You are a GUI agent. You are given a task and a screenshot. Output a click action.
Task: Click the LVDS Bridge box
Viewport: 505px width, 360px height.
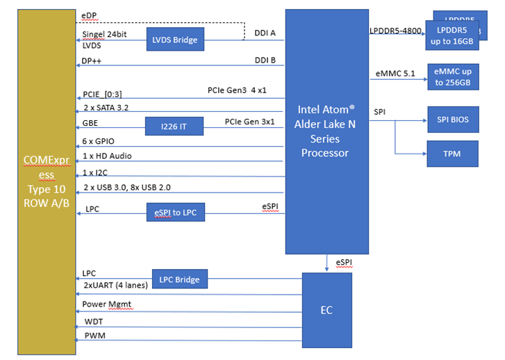pyautogui.click(x=174, y=40)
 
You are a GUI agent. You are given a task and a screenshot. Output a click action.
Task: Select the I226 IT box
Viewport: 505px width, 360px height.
pyautogui.click(x=174, y=126)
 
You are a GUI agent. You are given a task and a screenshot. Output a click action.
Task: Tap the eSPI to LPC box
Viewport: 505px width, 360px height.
pyautogui.click(x=175, y=211)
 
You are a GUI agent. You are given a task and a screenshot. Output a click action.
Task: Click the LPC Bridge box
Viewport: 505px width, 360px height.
pyautogui.click(x=179, y=279)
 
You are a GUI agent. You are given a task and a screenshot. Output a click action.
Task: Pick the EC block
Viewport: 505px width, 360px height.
pyautogui.click(x=326, y=309)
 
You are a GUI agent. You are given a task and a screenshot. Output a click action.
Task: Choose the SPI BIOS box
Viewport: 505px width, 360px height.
pyautogui.click(x=452, y=120)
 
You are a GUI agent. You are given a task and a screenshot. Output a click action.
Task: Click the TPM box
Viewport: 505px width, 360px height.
pyautogui.click(x=452, y=153)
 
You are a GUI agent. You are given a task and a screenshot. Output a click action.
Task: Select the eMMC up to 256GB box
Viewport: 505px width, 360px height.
pyautogui.click(x=452, y=77)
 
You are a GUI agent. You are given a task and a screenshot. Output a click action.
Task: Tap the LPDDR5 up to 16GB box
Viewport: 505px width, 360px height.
pyautogui.click(x=452, y=36)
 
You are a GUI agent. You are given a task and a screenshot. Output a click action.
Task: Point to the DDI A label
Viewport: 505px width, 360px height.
pyautogui.click(x=265, y=33)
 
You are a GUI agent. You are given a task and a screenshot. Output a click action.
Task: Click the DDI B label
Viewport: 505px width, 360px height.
pyautogui.click(x=265, y=60)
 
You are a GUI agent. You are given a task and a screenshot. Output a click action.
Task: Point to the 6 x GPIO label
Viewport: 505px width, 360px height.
pyautogui.click(x=98, y=141)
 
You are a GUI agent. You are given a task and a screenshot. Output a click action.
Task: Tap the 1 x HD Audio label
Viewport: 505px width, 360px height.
pyautogui.click(x=107, y=156)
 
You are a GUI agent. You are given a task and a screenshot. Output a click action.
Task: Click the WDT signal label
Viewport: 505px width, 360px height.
pyautogui.click(x=93, y=322)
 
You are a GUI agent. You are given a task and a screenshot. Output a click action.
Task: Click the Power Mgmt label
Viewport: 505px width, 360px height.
pyautogui.click(x=106, y=304)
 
